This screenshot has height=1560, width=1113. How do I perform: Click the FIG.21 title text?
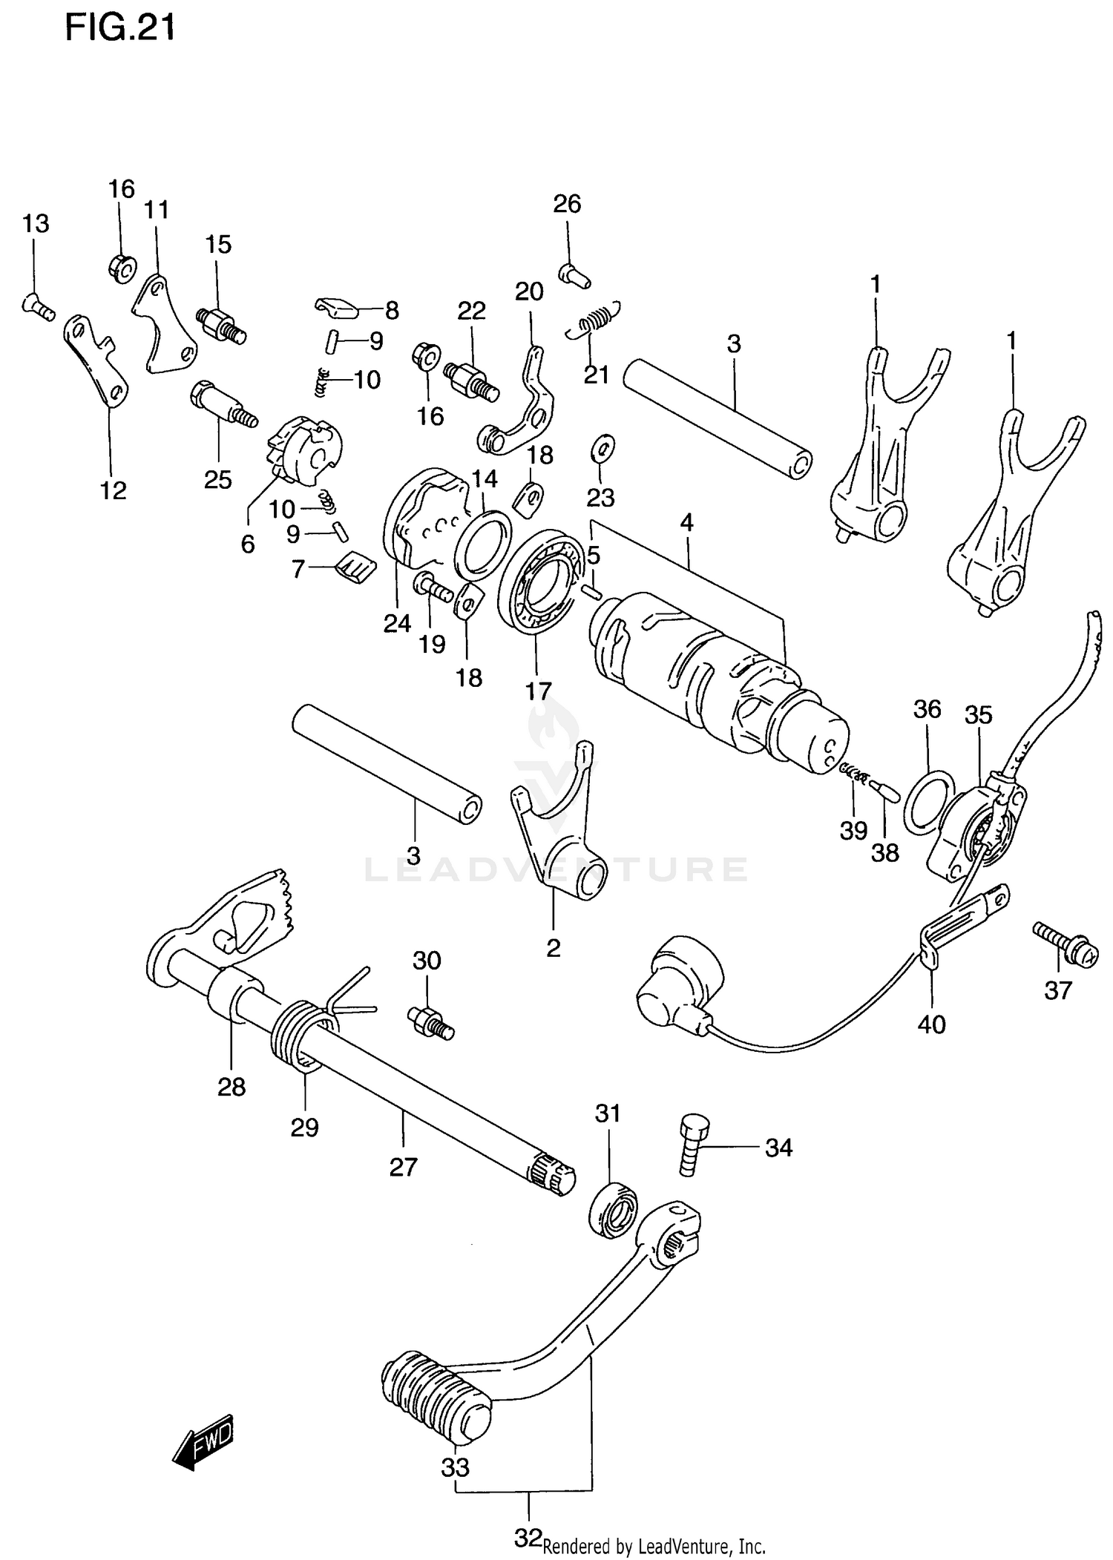[x=120, y=28]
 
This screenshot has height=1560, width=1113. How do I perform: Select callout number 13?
[x=36, y=223]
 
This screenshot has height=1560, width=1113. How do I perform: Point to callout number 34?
[x=778, y=1148]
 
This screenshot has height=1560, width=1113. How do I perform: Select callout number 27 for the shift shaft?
[x=404, y=1167]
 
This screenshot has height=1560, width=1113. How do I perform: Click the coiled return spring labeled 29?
[x=301, y=1035]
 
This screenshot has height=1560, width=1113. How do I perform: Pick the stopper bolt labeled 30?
[x=430, y=1022]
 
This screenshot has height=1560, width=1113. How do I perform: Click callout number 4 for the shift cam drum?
[x=686, y=523]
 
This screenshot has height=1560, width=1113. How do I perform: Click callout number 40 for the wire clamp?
[x=931, y=1024]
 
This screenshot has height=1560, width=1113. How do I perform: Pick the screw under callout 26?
[x=574, y=276]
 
